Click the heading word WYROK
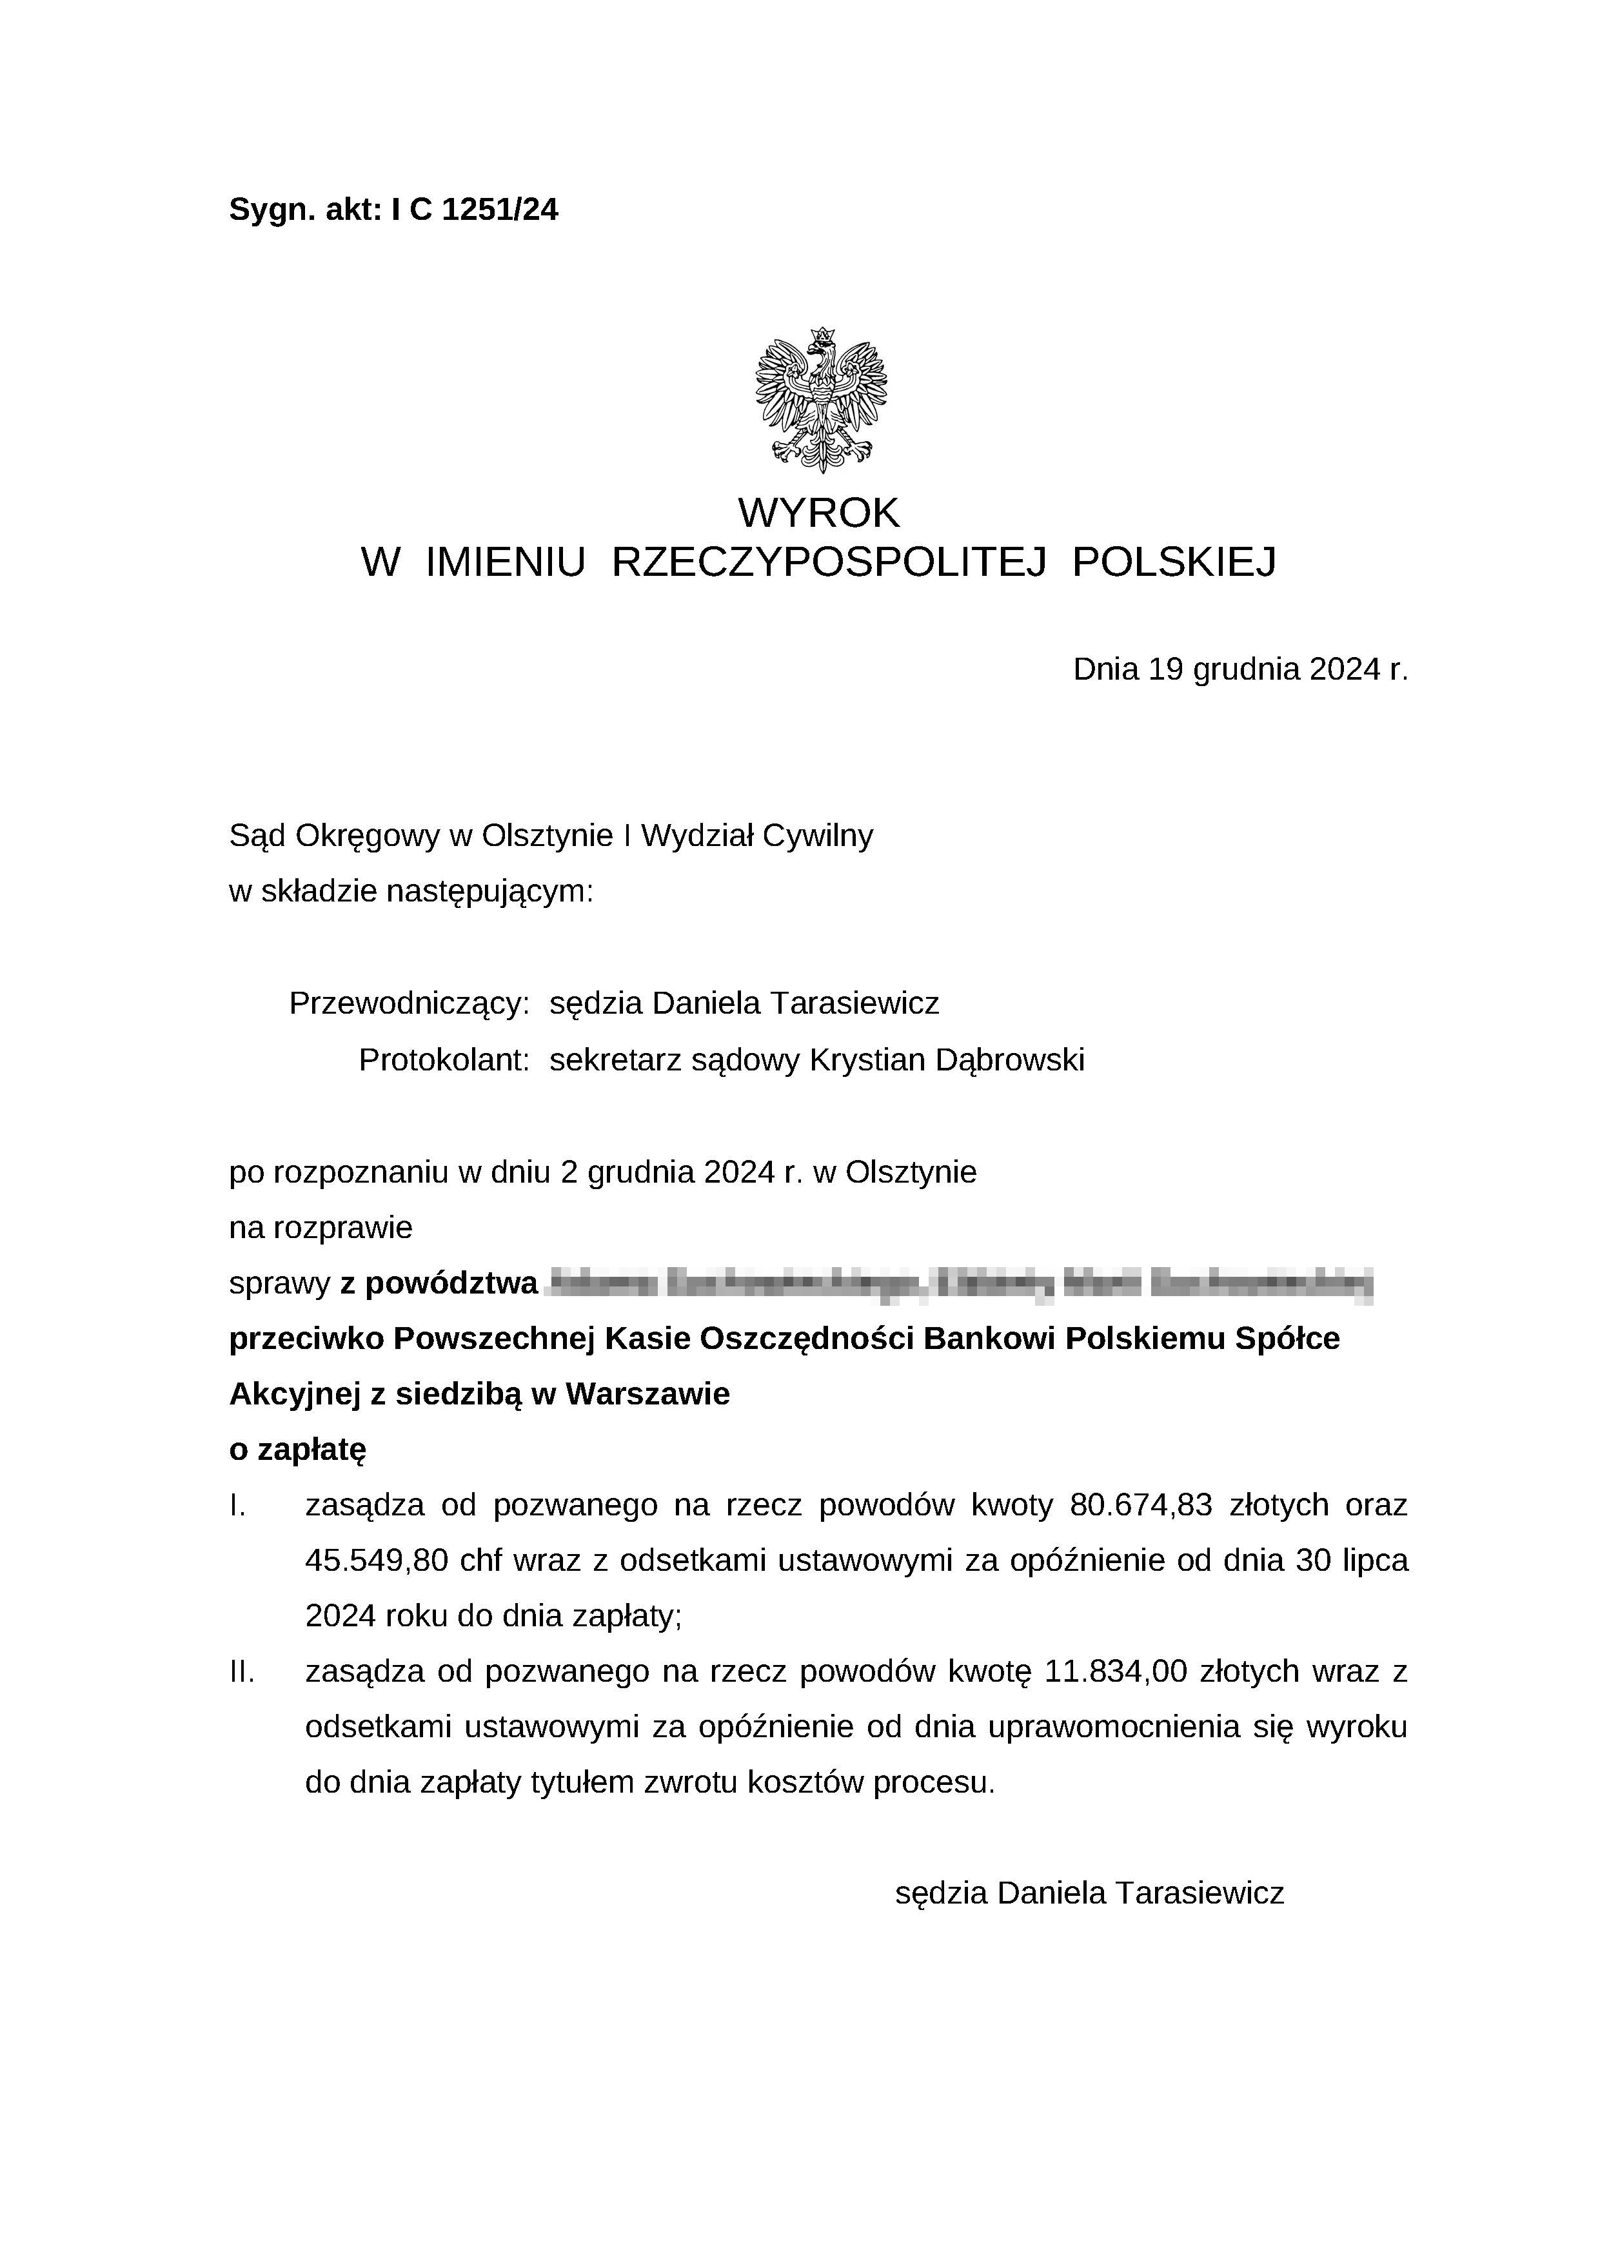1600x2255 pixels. pyautogui.click(x=819, y=512)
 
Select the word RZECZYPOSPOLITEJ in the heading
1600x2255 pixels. pyautogui.click(x=827, y=562)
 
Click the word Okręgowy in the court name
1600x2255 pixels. pyautogui.click(x=366, y=836)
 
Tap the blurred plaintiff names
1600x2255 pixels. pyautogui.click(x=958, y=1284)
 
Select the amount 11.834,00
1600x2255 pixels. pyautogui.click(x=1115, y=1672)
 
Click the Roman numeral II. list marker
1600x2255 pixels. pyautogui.click(x=241, y=1672)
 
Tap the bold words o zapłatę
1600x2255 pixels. pyautogui.click(x=297, y=1450)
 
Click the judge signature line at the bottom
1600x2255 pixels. pyautogui.click(x=1089, y=1893)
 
